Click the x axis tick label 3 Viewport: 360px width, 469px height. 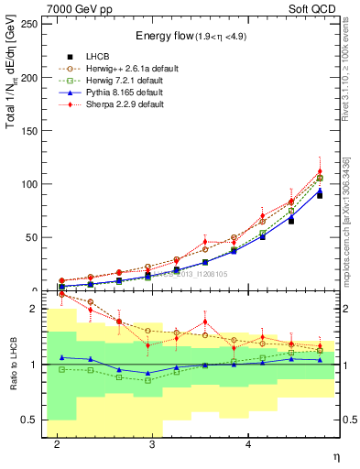click(x=152, y=444)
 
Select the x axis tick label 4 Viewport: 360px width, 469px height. click(x=248, y=444)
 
